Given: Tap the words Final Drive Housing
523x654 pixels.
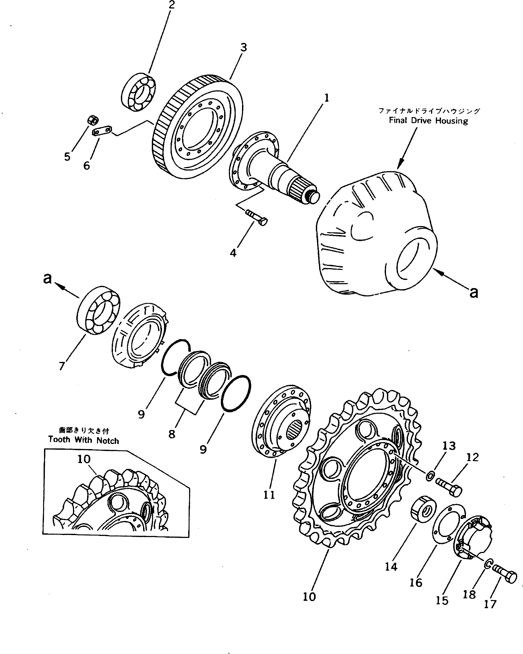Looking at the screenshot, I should point(428,121).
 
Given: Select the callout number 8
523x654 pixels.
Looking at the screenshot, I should point(172,434).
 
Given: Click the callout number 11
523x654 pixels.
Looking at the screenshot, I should point(269,494).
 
